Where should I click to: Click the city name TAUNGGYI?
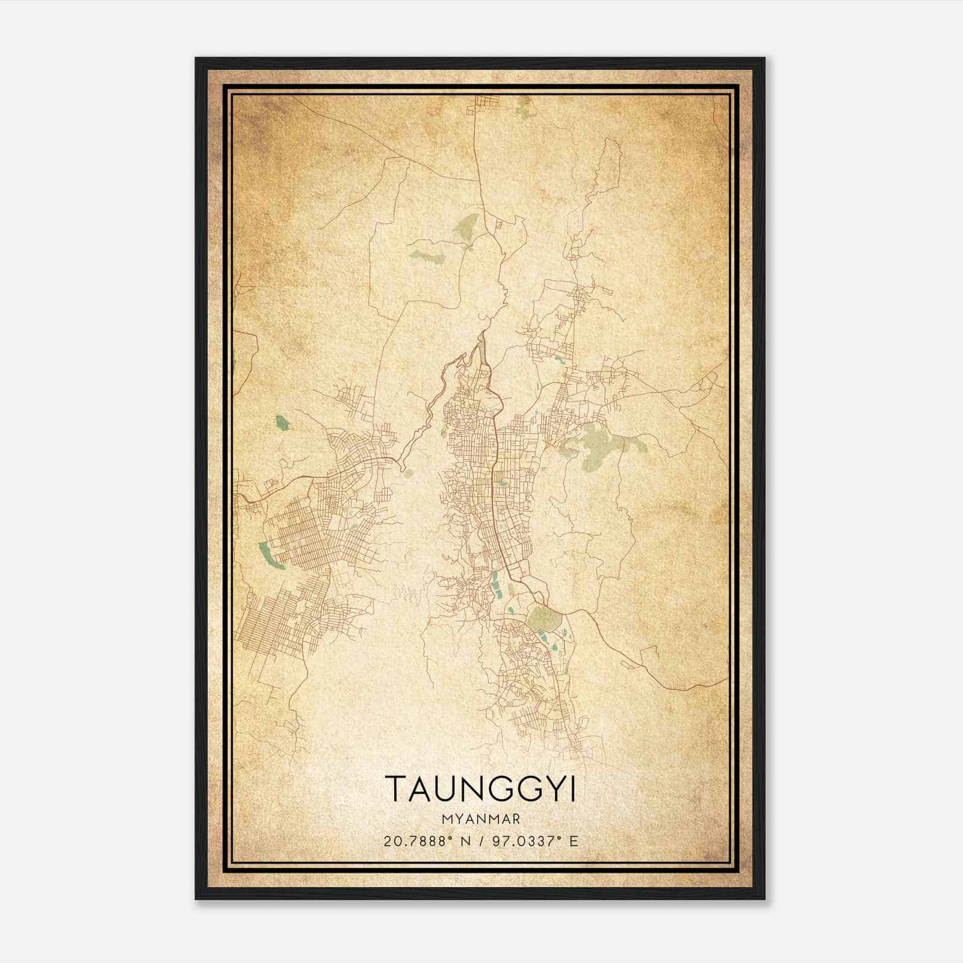click(x=480, y=788)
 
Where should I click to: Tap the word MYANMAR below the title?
click(x=481, y=819)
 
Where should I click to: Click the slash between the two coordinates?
click(x=479, y=841)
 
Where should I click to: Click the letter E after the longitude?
click(x=574, y=841)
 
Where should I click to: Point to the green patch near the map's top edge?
click(x=524, y=108)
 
